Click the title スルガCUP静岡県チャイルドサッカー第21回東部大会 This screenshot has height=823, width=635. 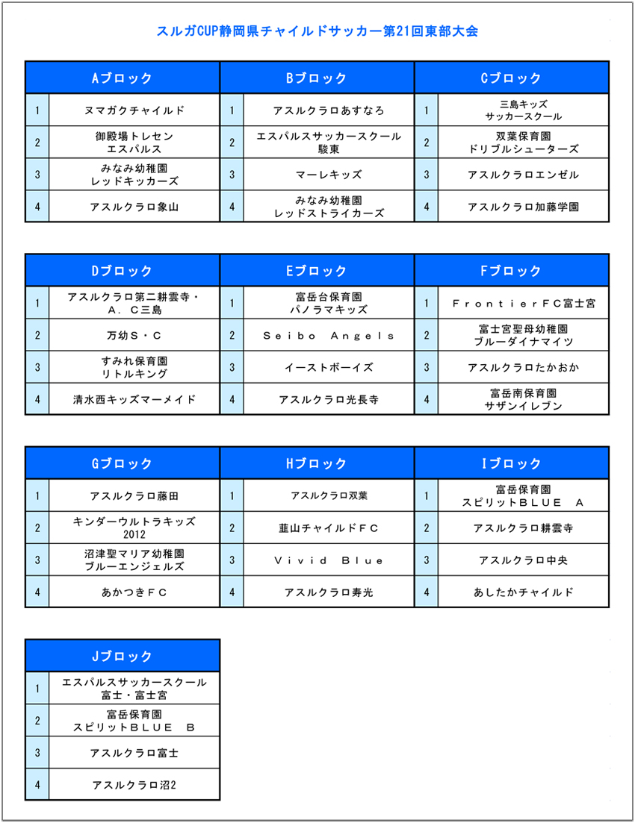point(317,31)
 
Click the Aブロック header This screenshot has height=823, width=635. point(123,78)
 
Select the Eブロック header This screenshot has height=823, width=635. point(317,270)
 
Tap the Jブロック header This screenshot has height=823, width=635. point(123,656)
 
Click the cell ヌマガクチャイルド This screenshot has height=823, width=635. point(134,110)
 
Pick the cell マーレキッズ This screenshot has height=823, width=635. point(329,175)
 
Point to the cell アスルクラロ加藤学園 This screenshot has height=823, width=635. point(523,207)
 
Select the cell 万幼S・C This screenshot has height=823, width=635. point(134,335)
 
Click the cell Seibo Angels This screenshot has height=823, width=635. point(329,336)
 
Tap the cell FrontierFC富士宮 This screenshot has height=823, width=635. point(523,304)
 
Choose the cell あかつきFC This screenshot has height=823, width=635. point(134,592)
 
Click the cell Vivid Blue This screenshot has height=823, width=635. point(329,560)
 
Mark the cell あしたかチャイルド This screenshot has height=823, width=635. point(523,592)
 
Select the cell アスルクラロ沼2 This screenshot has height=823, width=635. point(134,785)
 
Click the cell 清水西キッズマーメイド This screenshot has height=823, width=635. point(134,399)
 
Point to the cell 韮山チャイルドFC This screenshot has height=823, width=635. point(329,528)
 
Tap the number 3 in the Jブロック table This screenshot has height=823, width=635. point(37,753)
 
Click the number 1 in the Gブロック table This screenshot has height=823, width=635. point(37,495)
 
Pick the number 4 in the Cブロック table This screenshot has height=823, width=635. point(427,207)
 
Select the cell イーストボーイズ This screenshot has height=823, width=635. point(329,367)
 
